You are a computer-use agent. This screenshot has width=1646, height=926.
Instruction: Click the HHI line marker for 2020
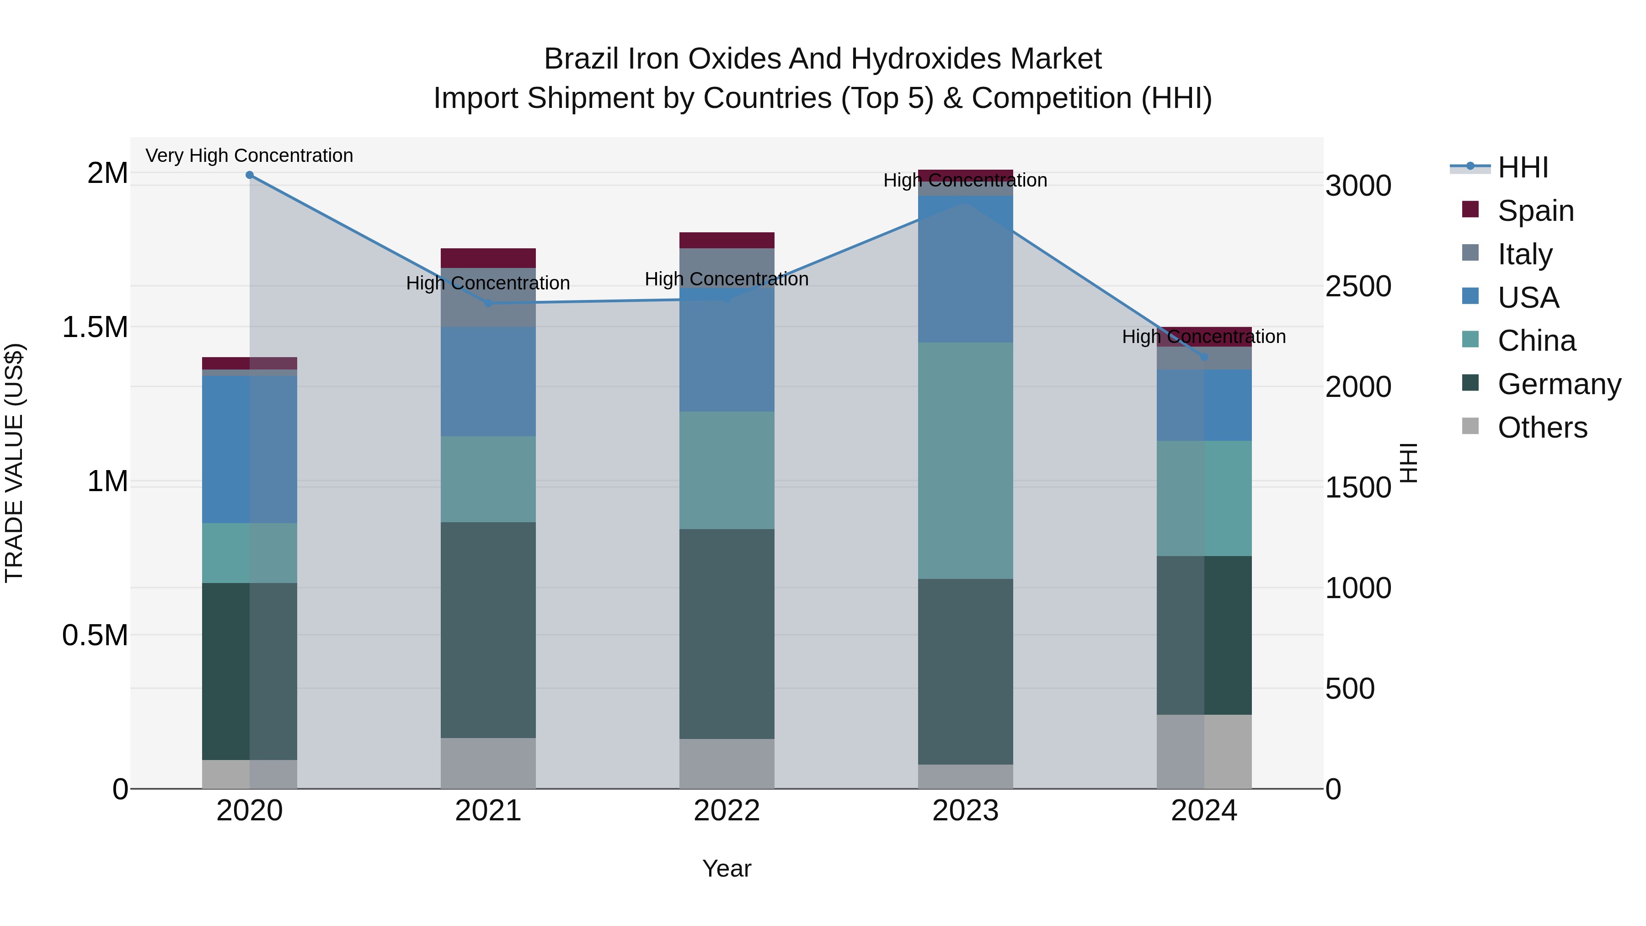click(x=250, y=175)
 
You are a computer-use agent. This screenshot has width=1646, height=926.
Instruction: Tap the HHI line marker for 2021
click(x=489, y=303)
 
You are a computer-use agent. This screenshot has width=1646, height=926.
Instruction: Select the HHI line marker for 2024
click(x=1204, y=357)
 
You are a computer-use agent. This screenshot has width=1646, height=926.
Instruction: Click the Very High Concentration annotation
click(x=249, y=156)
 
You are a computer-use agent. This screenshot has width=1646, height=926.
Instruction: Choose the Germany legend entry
click(x=1559, y=385)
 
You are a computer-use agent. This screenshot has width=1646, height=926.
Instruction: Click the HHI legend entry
click(x=1523, y=167)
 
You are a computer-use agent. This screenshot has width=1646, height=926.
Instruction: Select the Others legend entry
click(x=1542, y=428)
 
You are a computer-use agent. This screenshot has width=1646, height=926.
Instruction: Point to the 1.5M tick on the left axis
click(x=95, y=327)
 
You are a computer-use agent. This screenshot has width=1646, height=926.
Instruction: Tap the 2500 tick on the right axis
click(x=1358, y=286)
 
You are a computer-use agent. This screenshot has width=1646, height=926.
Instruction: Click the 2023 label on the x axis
click(x=966, y=811)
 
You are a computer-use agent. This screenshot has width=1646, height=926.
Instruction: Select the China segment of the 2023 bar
click(x=966, y=460)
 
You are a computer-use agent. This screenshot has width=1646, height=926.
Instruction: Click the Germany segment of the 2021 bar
click(x=488, y=630)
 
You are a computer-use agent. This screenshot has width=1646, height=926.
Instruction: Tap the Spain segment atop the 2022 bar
click(x=727, y=240)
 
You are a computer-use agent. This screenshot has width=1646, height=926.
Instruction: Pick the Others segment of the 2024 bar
click(x=1204, y=751)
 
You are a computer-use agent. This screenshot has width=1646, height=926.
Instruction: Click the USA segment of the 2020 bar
click(x=250, y=449)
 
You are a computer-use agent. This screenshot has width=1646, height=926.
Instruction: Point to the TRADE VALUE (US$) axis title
click(x=14, y=463)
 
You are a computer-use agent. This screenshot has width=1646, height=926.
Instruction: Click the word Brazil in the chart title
click(x=582, y=59)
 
